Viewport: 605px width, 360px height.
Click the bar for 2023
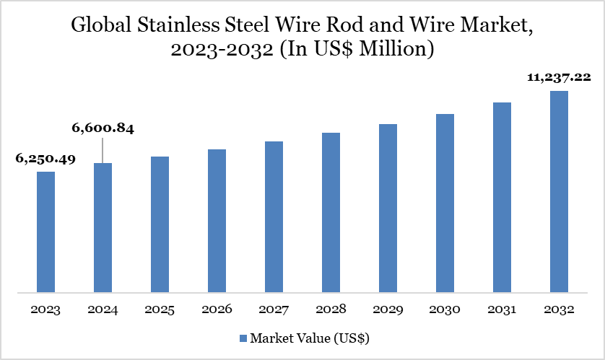point(45,232)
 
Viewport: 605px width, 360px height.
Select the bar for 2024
point(103,228)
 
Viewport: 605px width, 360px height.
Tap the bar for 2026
point(217,221)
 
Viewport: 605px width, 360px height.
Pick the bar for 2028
point(331,213)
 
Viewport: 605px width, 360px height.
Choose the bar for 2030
point(445,203)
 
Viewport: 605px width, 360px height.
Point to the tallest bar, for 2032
point(559,192)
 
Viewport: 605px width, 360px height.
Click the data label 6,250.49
point(45,159)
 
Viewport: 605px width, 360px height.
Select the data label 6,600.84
point(103,129)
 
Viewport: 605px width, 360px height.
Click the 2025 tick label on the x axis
point(160,309)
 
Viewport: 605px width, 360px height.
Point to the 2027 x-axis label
point(274,309)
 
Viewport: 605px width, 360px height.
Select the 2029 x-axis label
point(388,309)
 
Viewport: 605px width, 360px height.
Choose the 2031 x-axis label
point(502,309)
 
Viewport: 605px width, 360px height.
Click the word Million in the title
point(395,51)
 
